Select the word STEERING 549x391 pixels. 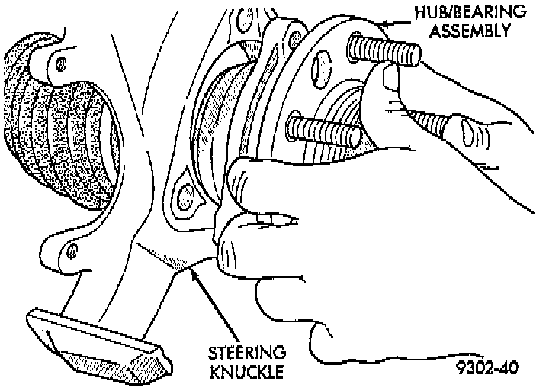248,354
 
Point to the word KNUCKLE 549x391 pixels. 247,372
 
